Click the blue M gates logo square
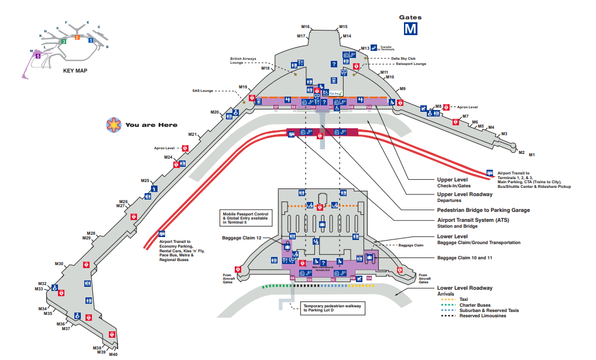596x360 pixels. click(410, 28)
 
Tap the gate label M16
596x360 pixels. click(305, 26)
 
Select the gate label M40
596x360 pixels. click(113, 354)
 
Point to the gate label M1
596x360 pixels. click(532, 155)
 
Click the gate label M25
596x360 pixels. click(145, 180)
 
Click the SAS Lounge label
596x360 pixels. click(203, 91)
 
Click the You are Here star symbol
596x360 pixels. click(112, 124)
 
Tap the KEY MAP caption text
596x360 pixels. click(75, 70)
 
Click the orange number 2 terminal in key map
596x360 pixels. click(77, 37)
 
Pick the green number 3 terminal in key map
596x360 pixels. click(63, 42)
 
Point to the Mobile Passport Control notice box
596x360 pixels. click(245, 218)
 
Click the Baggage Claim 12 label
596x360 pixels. click(241, 238)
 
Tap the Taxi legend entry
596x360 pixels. click(464, 299)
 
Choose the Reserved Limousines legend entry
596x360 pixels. click(481, 316)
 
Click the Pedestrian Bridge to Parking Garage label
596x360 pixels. click(483, 210)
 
